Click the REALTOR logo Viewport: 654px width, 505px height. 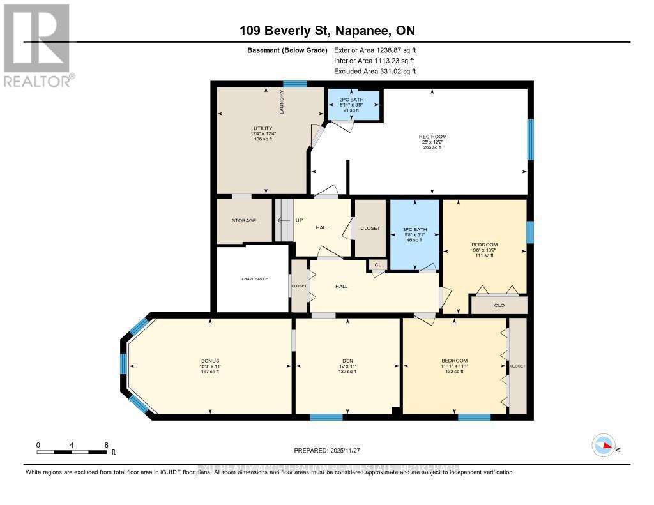[36, 45]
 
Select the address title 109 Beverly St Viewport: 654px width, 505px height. [326, 30]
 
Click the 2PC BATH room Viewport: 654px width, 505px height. [354, 104]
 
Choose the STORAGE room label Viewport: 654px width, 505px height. [244, 221]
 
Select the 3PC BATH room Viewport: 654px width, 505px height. [415, 234]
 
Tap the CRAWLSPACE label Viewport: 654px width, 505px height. [254, 279]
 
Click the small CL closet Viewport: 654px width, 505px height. [377, 264]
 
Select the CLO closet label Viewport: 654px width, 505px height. [499, 306]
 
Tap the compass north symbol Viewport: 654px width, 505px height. [603, 444]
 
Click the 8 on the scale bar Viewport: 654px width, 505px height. [106, 445]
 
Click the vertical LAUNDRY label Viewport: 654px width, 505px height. [282, 102]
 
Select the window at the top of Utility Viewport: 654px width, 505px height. [296, 84]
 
